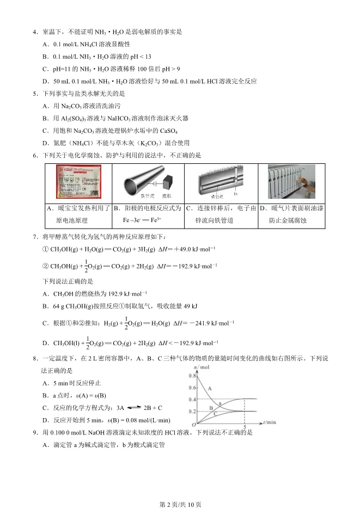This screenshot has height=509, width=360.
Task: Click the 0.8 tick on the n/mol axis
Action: (x=192, y=376)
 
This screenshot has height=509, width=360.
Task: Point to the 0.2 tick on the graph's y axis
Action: (x=192, y=412)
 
